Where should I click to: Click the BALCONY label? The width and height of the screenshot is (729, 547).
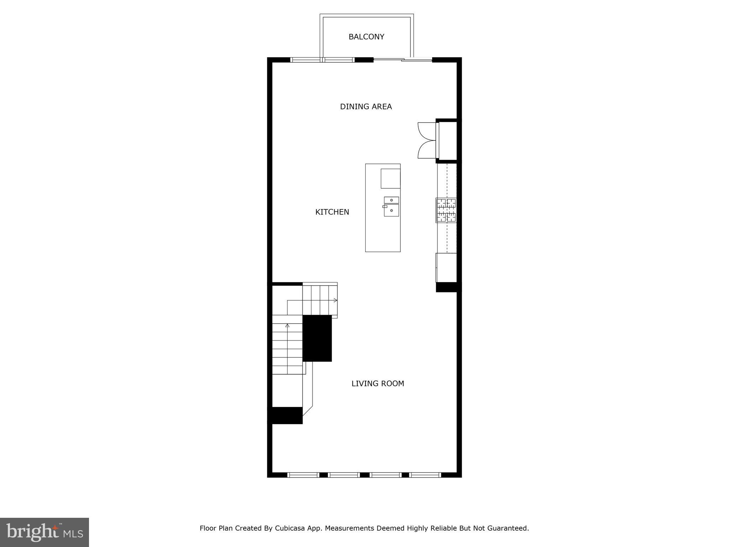(x=366, y=37)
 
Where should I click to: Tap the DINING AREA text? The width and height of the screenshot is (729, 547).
(x=366, y=106)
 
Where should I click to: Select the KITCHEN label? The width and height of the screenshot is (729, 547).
(x=332, y=212)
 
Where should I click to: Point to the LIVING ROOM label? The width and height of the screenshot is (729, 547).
(x=378, y=384)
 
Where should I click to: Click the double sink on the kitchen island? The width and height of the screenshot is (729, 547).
(x=391, y=207)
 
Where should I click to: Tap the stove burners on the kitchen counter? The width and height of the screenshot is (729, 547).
(x=446, y=210)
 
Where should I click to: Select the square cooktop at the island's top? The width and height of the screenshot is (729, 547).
(x=390, y=178)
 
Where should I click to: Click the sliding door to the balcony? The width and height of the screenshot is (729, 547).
(x=403, y=59)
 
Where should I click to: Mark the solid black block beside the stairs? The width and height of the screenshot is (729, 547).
(x=317, y=338)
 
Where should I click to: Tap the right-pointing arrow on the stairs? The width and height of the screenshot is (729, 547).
(x=335, y=300)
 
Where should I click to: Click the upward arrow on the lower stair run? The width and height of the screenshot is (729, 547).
(x=287, y=325)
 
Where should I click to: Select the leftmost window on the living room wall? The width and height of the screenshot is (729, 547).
(x=303, y=475)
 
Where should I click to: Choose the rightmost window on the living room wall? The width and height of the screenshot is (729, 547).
(x=425, y=475)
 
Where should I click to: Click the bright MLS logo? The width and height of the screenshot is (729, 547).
(x=44, y=532)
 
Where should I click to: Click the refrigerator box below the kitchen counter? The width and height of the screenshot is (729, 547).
(x=446, y=267)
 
